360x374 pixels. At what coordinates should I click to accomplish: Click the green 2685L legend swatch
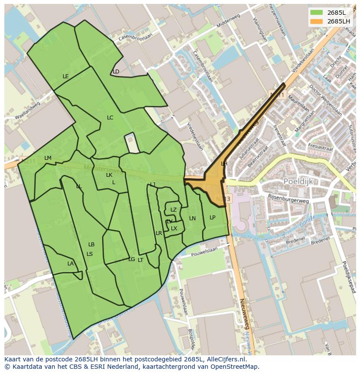click(316, 12)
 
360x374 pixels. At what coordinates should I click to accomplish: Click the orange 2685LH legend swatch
click(316, 21)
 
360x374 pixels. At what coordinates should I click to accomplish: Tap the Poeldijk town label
click(298, 181)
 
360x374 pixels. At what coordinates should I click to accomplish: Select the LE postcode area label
click(66, 76)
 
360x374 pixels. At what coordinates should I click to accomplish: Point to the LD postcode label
click(116, 72)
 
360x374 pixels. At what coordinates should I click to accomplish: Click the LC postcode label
click(110, 118)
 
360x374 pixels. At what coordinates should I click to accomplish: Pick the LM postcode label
click(48, 158)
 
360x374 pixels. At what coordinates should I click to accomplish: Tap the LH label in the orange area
click(224, 164)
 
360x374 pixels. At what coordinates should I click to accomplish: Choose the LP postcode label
click(212, 218)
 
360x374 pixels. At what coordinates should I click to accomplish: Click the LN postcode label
click(192, 218)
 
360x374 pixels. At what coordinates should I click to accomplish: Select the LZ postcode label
click(173, 210)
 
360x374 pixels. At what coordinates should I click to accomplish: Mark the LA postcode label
click(70, 264)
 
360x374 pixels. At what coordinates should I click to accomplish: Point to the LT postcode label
click(140, 260)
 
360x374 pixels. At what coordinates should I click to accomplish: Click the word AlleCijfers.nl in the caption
click(226, 359)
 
